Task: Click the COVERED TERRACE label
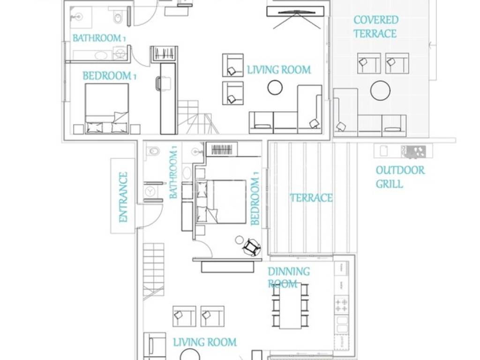[375, 27]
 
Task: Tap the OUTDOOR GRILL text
[400, 177]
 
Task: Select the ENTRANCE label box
[123, 196]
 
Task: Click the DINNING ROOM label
[288, 277]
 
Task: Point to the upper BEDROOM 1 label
[109, 75]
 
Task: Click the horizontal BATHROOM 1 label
[98, 38]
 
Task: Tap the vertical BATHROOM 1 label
[173, 172]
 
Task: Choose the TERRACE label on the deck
[311, 198]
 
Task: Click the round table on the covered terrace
[380, 90]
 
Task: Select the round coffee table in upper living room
[275, 87]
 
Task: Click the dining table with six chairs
[290, 306]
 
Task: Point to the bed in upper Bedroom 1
[106, 108]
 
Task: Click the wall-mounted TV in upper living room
[295, 12]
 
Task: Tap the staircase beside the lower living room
[154, 270]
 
